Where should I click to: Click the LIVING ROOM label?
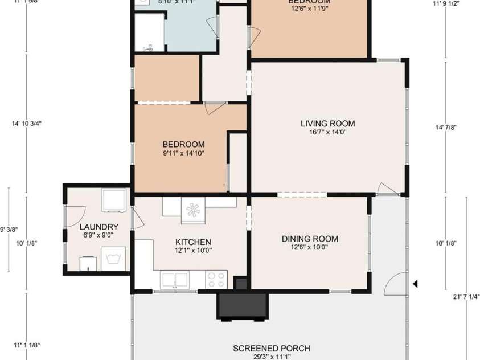tap(327, 124)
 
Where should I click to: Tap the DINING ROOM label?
tap(310, 239)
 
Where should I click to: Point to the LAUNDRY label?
tap(99, 227)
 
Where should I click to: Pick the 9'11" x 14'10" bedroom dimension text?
tap(183, 153)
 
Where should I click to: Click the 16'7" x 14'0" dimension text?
tap(327, 132)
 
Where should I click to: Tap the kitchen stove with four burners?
tap(216, 279)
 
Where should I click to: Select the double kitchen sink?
tap(175, 279)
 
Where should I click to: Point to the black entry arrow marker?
tap(416, 283)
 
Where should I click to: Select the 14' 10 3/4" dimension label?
tap(27, 123)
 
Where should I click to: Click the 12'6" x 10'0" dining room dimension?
tap(310, 247)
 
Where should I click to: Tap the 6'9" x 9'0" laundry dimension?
tap(99, 235)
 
